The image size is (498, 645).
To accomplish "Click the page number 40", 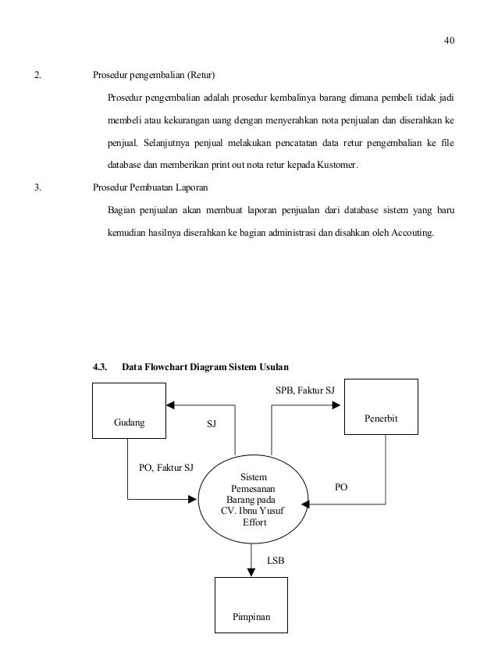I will coord(448,41).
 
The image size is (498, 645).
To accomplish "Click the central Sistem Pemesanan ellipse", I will coord(253,500).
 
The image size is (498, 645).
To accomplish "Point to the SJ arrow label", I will coord(210,423).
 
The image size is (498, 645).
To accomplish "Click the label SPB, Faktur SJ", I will coord(305,389).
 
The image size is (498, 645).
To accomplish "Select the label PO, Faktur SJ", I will coord(165,468).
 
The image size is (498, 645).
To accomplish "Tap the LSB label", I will coord(276,560).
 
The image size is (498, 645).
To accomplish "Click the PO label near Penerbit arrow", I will coord(341,486).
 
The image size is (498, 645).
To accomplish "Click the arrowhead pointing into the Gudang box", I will coord(169,405).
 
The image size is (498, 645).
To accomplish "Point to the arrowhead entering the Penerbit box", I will coord(338,405).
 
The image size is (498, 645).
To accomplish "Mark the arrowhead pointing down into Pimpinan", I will coord(251,572).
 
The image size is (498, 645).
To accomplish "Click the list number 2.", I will coord(36,76).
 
